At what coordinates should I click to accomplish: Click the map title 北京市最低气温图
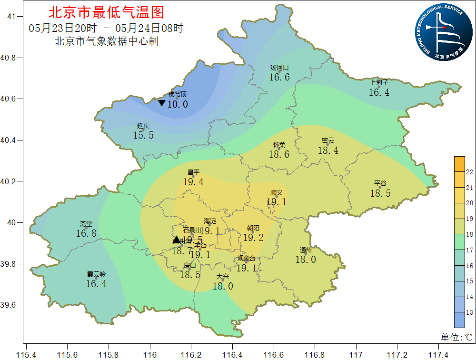[106, 12]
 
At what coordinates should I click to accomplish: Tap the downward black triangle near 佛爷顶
[162, 103]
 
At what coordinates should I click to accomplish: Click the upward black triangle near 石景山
[177, 240]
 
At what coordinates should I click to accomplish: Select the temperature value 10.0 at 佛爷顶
[178, 104]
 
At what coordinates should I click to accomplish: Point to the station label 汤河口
[279, 68]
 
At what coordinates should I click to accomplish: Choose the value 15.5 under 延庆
[143, 135]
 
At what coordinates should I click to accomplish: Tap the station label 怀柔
[279, 145]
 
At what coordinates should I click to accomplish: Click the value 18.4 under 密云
[328, 150]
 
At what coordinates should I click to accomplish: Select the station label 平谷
[380, 183]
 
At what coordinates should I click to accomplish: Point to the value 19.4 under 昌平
[193, 181]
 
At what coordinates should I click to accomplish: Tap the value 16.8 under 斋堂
[86, 233]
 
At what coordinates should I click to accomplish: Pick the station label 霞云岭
[96, 274]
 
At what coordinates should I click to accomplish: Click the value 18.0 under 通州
[306, 260]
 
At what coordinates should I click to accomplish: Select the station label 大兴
[223, 276]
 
